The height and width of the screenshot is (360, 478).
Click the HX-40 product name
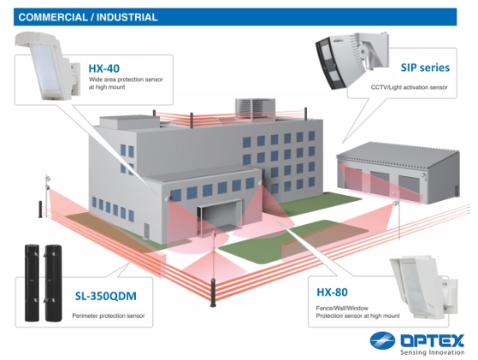104,68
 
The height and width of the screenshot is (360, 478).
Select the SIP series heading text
425,68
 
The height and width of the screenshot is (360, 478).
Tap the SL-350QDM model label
106,296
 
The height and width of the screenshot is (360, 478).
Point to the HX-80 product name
332,292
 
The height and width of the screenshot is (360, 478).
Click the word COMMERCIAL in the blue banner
53,17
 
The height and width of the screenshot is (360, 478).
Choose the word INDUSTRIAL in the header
127,17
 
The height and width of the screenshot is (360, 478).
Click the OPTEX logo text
433,340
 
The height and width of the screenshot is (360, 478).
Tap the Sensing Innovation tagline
433,352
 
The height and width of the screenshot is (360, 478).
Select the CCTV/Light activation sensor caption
409,87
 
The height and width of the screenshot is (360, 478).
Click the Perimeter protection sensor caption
109,316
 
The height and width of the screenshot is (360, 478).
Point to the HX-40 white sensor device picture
48,66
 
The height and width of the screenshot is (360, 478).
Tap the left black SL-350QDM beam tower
32,282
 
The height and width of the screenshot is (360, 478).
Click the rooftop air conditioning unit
255,109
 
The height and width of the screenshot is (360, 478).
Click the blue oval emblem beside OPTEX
382,340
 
